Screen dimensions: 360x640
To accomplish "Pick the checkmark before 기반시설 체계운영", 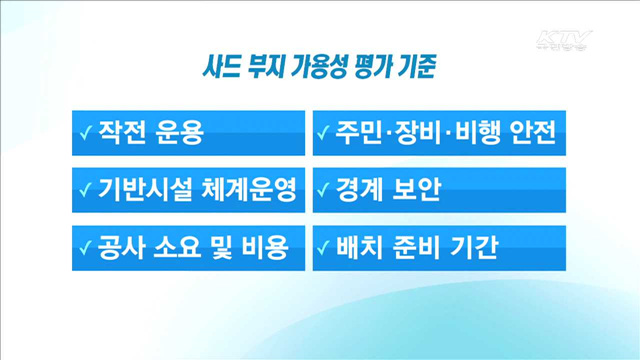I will [x=86, y=190].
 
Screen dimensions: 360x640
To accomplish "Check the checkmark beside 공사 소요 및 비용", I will [x=86, y=246].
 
